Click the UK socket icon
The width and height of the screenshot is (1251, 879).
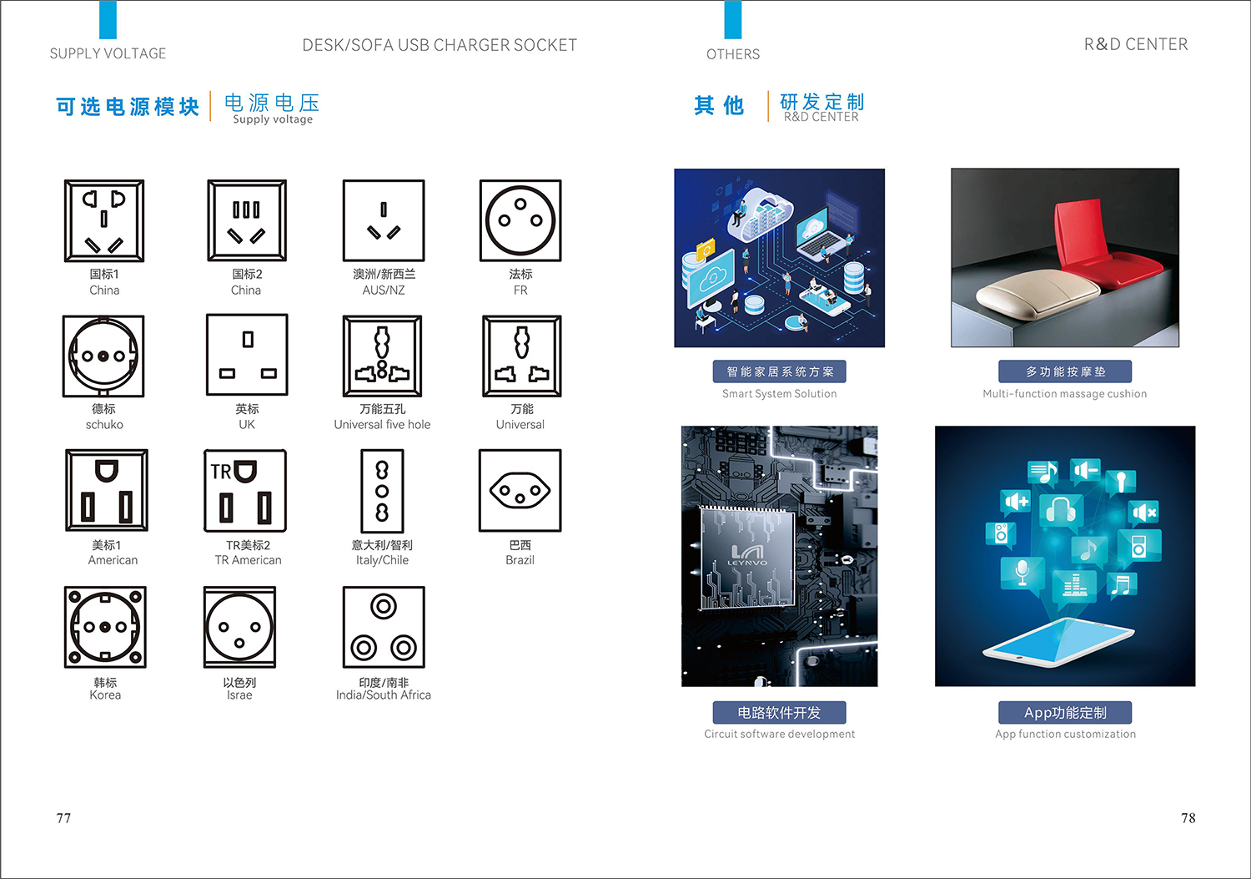pos(247,355)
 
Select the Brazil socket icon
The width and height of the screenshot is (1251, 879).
pos(520,490)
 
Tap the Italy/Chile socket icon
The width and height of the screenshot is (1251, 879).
pos(382,490)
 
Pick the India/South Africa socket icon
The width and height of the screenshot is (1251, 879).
pos(384,627)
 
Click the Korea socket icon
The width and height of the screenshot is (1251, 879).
pos(105,627)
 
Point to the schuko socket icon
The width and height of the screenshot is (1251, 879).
pos(103,356)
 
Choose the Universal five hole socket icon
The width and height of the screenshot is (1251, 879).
pos(383,356)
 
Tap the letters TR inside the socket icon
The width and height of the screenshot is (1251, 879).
pos(221,472)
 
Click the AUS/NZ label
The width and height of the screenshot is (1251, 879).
pos(383,290)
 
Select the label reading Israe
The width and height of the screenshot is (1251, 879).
pos(239,695)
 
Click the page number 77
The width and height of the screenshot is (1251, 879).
pos(63,818)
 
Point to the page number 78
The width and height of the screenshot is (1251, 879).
pos(1188,818)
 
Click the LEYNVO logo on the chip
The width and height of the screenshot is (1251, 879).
pos(747,554)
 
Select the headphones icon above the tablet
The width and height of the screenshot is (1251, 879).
pos(1061,511)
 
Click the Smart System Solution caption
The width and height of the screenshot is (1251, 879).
pos(779,394)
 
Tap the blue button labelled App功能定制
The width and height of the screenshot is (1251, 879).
pos(1065,712)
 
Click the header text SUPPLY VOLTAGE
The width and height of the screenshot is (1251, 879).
pos(108,53)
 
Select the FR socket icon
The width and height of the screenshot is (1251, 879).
pos(520,220)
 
